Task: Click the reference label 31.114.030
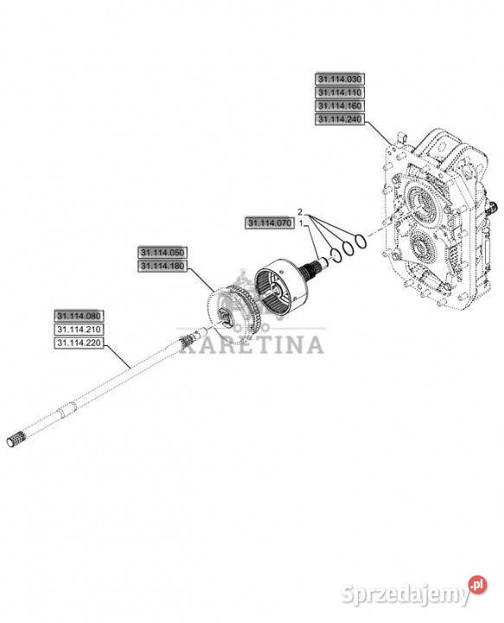(340, 79)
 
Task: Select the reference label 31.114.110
(340, 93)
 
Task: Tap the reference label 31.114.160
(340, 106)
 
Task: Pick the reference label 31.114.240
(340, 119)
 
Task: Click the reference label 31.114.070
(270, 223)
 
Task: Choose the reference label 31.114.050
(163, 253)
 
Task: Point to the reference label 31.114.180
(163, 267)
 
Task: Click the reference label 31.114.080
(79, 317)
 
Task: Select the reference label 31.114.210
(79, 330)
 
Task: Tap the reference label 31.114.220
(79, 343)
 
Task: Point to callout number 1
(301, 224)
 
